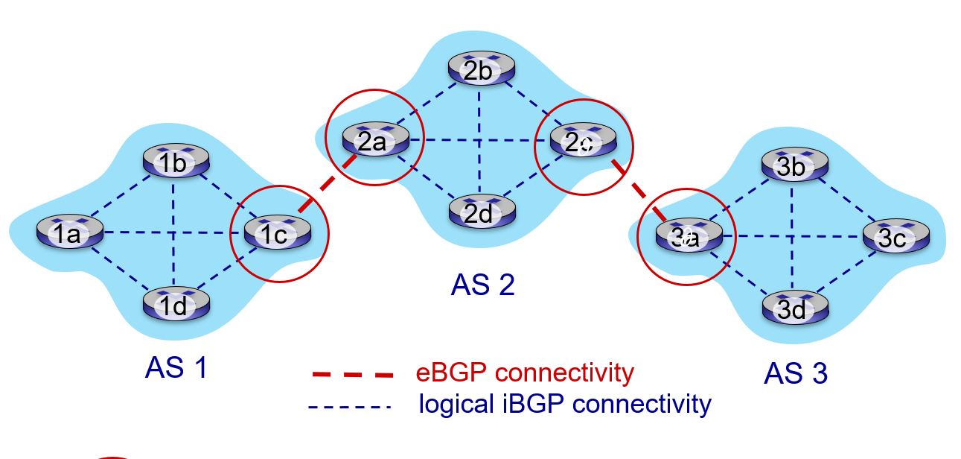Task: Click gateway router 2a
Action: tap(374, 139)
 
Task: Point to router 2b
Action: tap(481, 69)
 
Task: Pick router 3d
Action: tap(794, 307)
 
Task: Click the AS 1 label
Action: tap(176, 367)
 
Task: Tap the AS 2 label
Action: tap(482, 285)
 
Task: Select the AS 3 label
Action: tap(795, 373)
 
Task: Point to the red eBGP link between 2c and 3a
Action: tap(637, 188)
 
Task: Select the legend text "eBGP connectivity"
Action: tap(524, 372)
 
